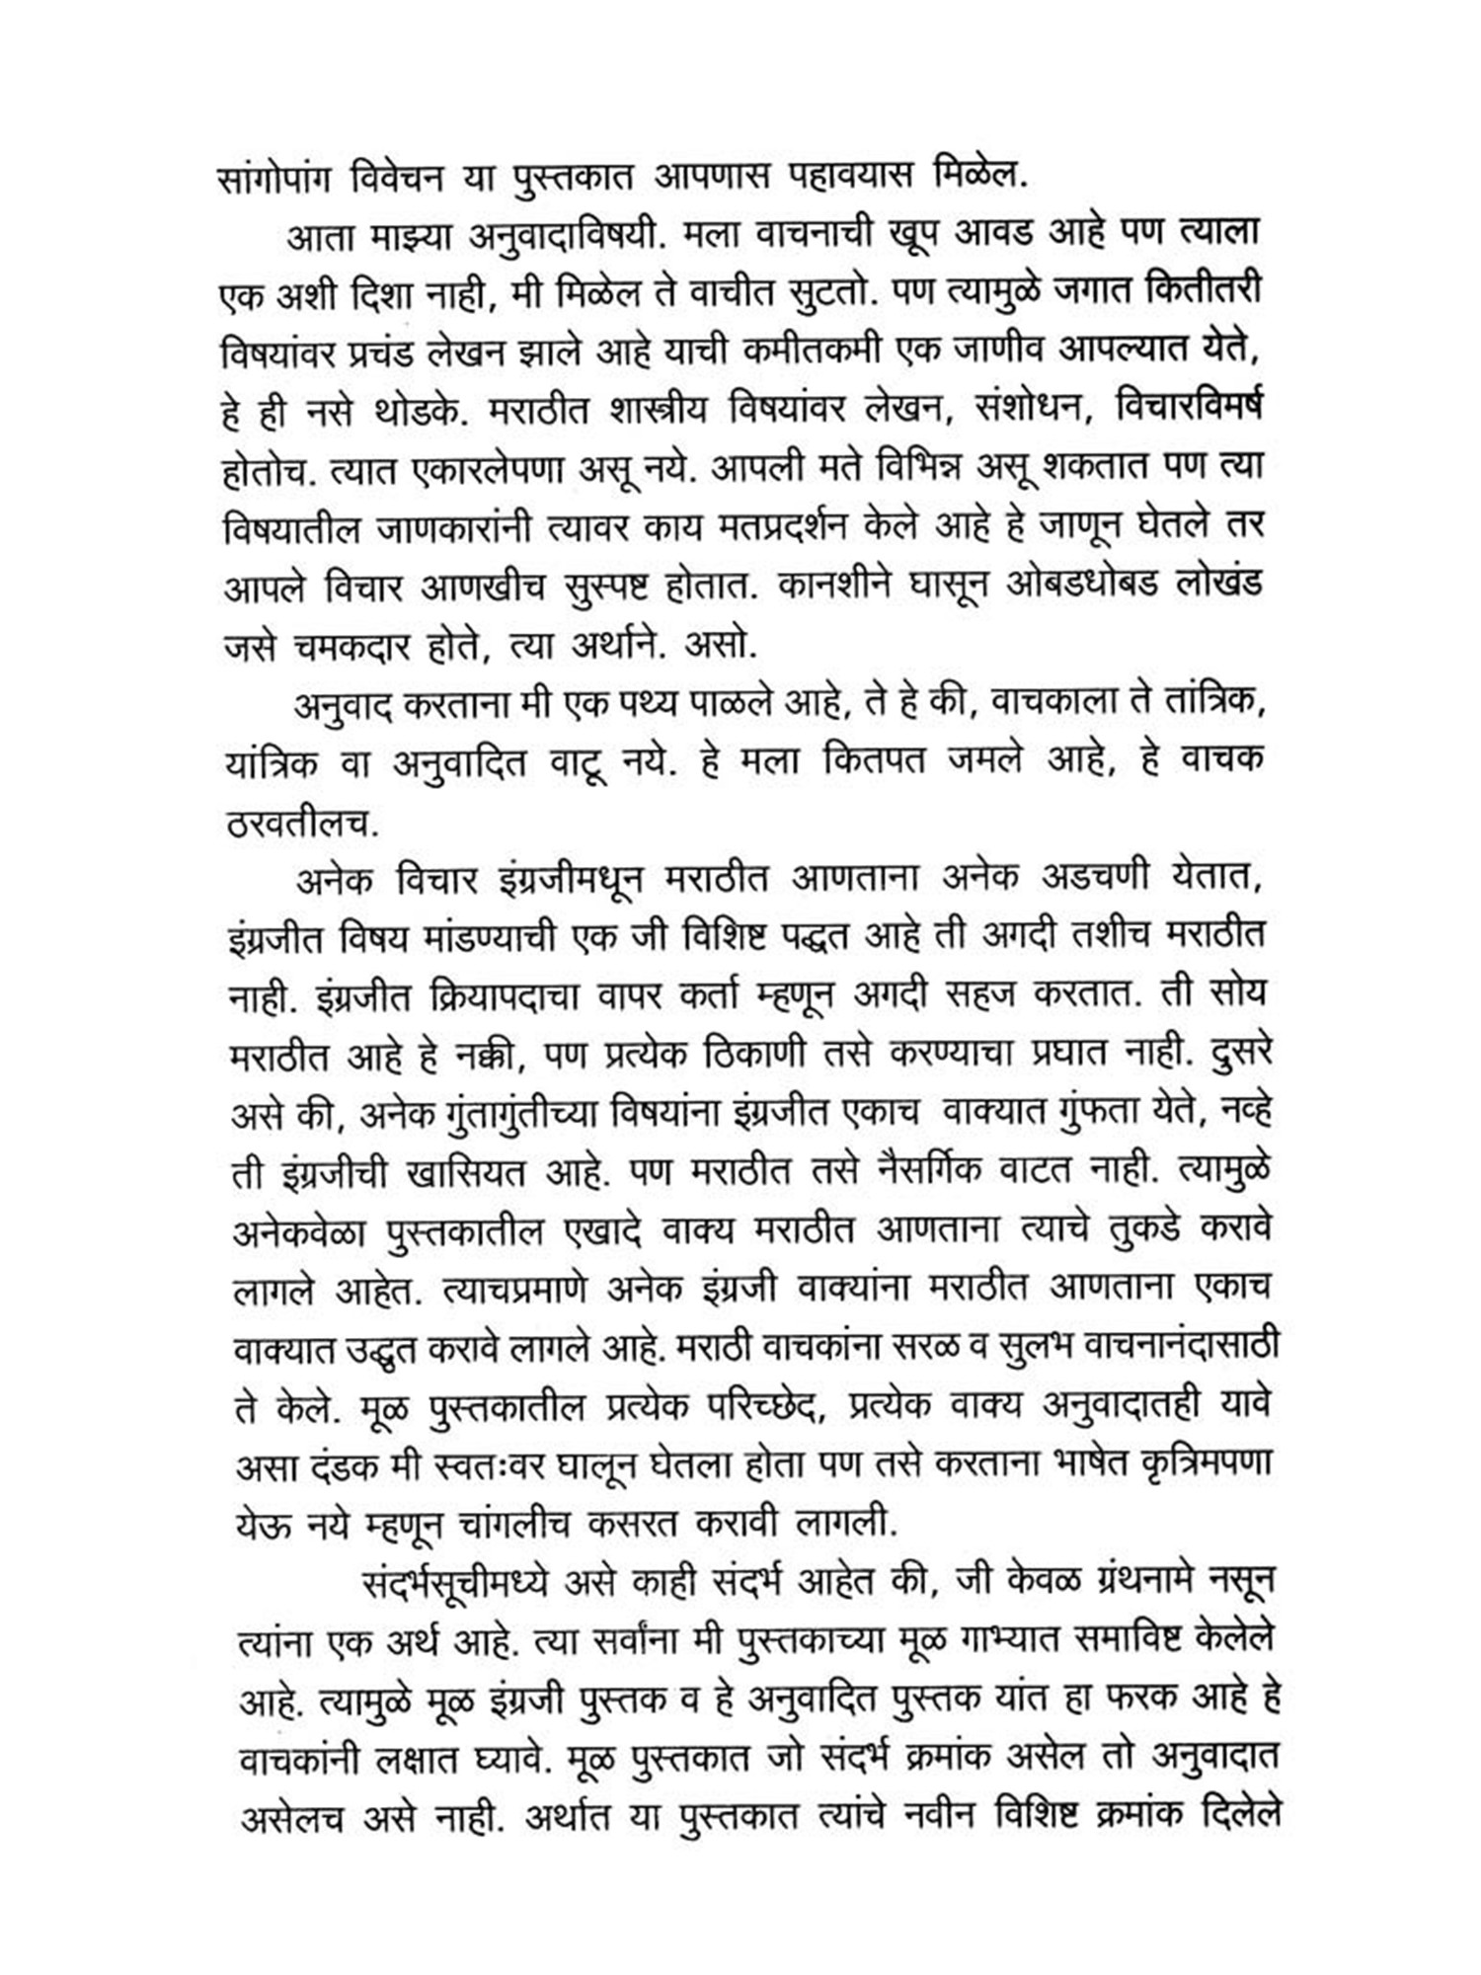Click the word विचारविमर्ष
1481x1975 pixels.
pos(1189,408)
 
